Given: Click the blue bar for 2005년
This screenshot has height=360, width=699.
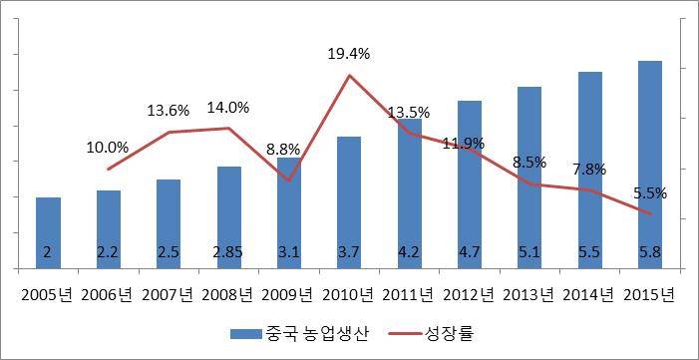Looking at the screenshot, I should [x=48, y=232].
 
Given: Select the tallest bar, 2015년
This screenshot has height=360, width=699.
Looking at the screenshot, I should [x=649, y=165].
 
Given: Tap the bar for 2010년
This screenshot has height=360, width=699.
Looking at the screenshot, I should [x=349, y=202].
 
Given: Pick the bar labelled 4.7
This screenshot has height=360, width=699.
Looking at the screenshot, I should [x=470, y=184].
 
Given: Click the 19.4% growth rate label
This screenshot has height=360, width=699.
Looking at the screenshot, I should [x=349, y=54].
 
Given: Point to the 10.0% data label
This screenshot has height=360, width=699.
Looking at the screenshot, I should [x=109, y=147].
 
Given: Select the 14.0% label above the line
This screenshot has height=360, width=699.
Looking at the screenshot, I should [x=228, y=107].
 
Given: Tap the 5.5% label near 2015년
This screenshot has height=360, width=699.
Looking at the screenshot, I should [x=649, y=192].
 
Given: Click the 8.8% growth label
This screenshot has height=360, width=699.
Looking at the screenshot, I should [x=289, y=150].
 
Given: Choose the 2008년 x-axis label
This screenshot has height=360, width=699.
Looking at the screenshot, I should [x=228, y=294].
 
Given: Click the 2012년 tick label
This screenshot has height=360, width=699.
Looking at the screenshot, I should [x=470, y=294].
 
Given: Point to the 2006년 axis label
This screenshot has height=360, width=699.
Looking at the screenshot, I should [x=109, y=294].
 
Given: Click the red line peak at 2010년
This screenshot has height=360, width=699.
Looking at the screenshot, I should [x=349, y=76].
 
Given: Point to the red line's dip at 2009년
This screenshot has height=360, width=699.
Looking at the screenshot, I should [x=289, y=180].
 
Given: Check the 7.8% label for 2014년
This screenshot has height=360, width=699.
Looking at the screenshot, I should [x=589, y=171].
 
